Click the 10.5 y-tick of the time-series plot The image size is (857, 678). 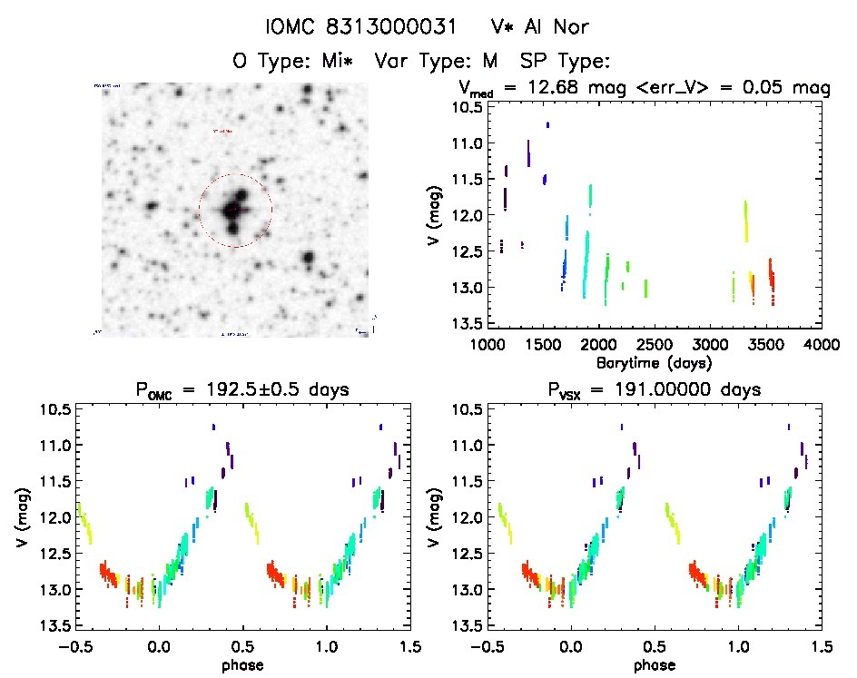[x=464, y=107]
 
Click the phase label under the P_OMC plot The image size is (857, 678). [x=242, y=664]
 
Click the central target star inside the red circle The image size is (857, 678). [x=233, y=211]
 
